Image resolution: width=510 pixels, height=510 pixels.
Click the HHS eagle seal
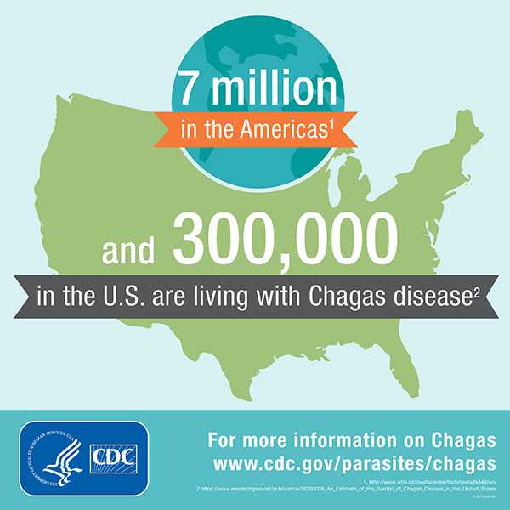pyautogui.click(x=56, y=459)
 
